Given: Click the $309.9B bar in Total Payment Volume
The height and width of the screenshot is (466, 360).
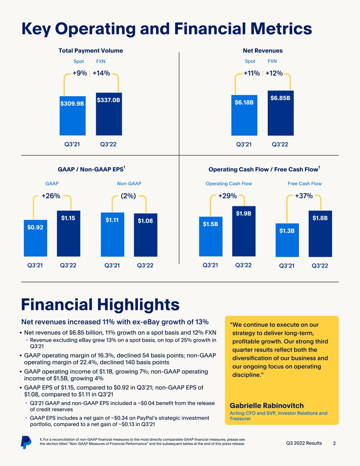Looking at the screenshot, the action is [x=72, y=116].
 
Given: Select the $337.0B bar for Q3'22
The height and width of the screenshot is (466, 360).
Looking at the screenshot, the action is [x=109, y=114].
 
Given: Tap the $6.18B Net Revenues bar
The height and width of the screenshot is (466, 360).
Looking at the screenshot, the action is [x=244, y=115].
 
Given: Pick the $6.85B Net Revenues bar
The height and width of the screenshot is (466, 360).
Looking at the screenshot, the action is [x=280, y=113].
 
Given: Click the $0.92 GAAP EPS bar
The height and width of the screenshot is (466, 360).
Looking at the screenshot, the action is [x=35, y=238].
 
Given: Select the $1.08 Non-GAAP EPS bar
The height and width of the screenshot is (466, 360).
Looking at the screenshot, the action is [x=145, y=235].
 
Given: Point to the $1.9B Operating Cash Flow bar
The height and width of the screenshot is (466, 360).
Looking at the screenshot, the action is [x=244, y=231].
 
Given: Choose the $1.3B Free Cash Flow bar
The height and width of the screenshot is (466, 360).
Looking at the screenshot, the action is [x=287, y=240].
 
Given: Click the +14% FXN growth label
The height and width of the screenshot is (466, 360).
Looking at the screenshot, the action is [x=101, y=73].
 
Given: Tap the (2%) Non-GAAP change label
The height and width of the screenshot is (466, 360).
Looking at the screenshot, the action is [x=128, y=196].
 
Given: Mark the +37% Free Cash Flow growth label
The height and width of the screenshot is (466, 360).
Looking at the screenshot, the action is [x=304, y=196].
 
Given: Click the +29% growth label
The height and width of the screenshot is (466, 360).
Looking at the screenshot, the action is [x=227, y=196].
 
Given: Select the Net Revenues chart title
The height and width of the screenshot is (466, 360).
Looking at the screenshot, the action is [x=263, y=51].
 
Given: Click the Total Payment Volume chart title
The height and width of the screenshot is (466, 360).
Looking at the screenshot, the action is [x=91, y=51].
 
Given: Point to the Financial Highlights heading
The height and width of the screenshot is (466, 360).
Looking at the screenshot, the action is [x=100, y=305].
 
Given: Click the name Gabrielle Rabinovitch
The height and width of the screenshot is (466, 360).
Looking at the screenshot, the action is [x=267, y=406].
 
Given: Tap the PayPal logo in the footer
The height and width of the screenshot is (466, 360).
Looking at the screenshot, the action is [x=26, y=442].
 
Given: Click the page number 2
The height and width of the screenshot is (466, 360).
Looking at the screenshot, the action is [x=334, y=443].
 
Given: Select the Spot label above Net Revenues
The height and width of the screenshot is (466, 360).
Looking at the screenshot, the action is [x=250, y=61].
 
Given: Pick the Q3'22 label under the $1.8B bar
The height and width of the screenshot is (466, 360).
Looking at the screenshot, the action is [x=320, y=266].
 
